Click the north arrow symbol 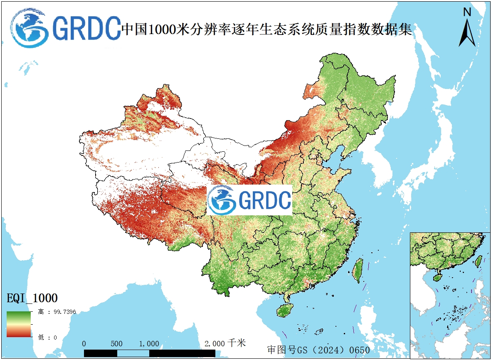(467, 32)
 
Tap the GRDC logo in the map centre (249, 200)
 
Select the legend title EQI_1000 (32, 298)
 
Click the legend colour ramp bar (19, 324)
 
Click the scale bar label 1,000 (149, 344)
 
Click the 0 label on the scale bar (84, 344)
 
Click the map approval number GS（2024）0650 (318, 350)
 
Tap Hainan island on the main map (285, 310)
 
